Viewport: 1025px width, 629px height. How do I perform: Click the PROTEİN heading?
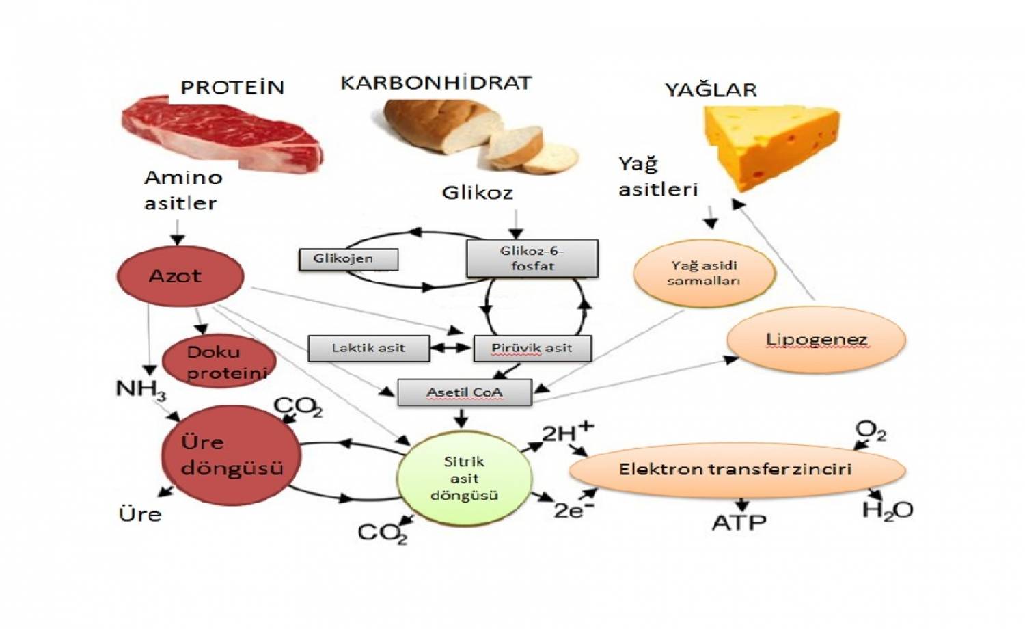pyautogui.click(x=232, y=88)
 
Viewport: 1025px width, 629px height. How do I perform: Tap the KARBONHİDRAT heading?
pyautogui.click(x=435, y=83)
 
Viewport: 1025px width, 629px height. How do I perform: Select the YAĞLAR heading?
pyautogui.click(x=711, y=90)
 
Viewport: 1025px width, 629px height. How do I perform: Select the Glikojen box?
pyautogui.click(x=348, y=259)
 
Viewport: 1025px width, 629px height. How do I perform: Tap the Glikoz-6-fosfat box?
pyautogui.click(x=532, y=258)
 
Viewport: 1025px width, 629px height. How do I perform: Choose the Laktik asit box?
pyautogui.click(x=368, y=348)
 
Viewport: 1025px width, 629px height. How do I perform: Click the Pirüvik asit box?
pyautogui.click(x=532, y=348)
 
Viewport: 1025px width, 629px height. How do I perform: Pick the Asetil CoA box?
pyautogui.click(x=464, y=392)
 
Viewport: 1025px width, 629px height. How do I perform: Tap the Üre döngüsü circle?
pyautogui.click(x=231, y=455)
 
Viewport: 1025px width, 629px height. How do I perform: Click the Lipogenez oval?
pyautogui.click(x=816, y=340)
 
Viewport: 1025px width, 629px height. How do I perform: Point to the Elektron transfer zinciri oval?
pyautogui.click(x=735, y=470)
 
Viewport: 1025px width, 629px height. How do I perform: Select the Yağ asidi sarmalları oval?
pyautogui.click(x=704, y=273)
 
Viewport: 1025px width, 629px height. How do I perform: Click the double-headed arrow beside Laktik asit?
pyautogui.click(x=452, y=348)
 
